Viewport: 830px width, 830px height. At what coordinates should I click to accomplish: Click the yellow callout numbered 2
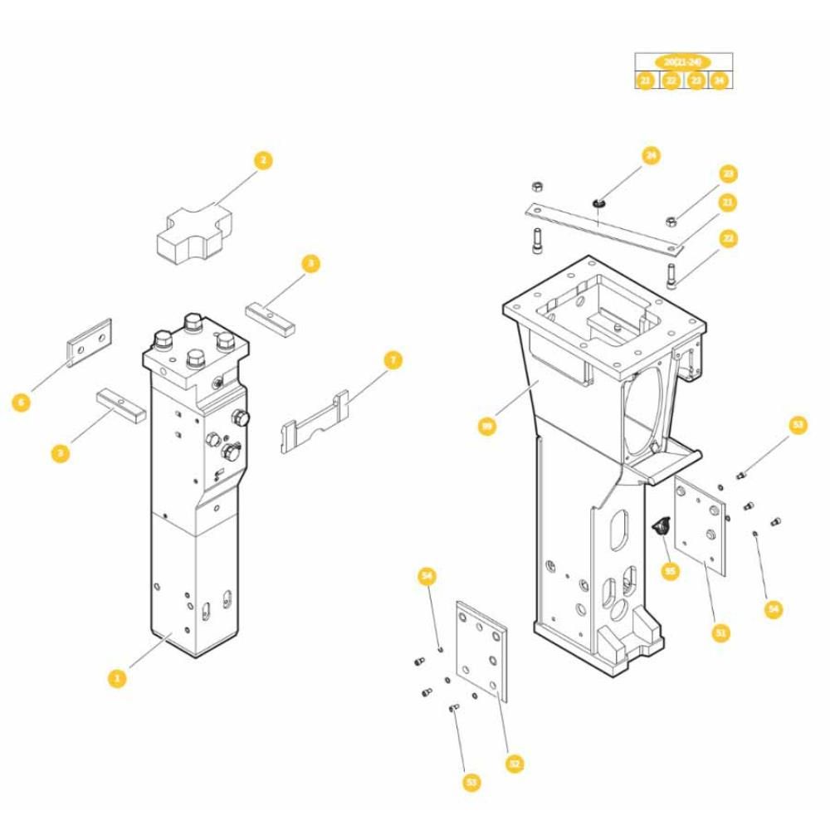[262, 160]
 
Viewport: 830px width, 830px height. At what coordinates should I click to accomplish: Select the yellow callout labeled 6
[22, 403]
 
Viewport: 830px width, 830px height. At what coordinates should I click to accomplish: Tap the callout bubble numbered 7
[393, 360]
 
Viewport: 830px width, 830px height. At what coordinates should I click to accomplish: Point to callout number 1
[117, 678]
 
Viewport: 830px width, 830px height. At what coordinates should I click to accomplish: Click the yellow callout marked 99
[487, 426]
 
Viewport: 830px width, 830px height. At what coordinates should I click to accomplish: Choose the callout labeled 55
[670, 571]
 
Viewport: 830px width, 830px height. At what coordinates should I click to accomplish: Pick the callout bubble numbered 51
[720, 632]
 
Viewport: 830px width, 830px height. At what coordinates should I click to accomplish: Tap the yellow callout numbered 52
[515, 764]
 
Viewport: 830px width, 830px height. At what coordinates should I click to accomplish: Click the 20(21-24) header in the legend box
[682, 62]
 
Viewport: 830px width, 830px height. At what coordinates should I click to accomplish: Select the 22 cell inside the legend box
[671, 81]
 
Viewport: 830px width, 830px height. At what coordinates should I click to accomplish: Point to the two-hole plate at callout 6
[89, 342]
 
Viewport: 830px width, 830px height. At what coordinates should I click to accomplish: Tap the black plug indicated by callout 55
[662, 525]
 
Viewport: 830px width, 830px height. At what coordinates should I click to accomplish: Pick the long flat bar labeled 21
[605, 228]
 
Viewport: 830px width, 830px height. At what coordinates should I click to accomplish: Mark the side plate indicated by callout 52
[483, 651]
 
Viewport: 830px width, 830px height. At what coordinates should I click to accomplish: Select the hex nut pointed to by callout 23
[671, 220]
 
